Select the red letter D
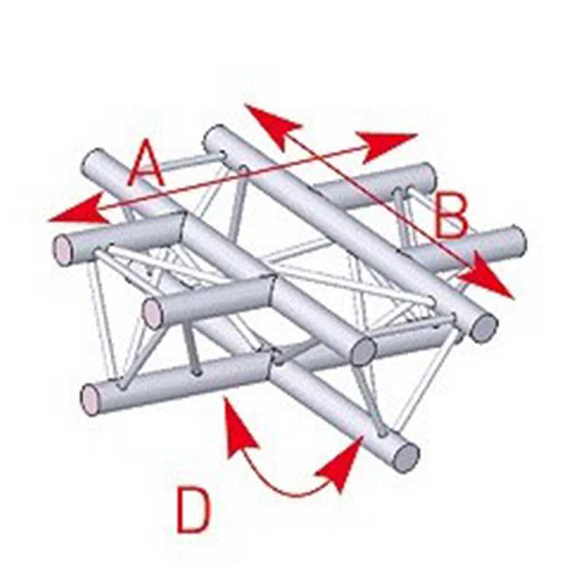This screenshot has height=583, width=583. coord(194,511)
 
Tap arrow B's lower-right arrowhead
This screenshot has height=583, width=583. coord(487,275)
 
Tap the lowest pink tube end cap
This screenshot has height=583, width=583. coord(90,400)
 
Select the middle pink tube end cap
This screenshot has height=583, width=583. coord(153,314)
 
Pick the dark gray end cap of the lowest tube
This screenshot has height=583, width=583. coord(407,458)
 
